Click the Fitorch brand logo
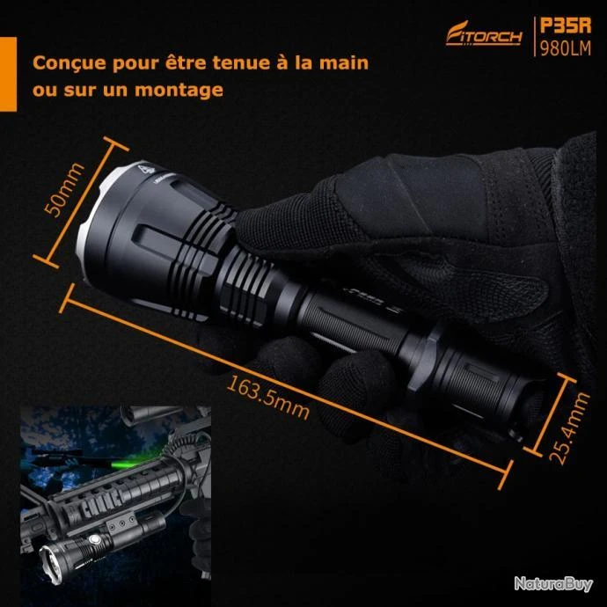(x=484, y=34)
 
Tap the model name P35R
(x=566, y=26)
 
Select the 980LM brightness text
(x=566, y=48)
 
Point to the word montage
(x=179, y=91)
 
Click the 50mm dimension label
(x=64, y=190)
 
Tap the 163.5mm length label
(x=268, y=397)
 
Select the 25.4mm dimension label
(x=569, y=428)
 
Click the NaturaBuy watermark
(x=553, y=584)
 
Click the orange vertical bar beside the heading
(x=8, y=74)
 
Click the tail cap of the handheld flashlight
(x=530, y=410)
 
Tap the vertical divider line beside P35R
(x=535, y=37)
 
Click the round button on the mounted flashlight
(x=94, y=539)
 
